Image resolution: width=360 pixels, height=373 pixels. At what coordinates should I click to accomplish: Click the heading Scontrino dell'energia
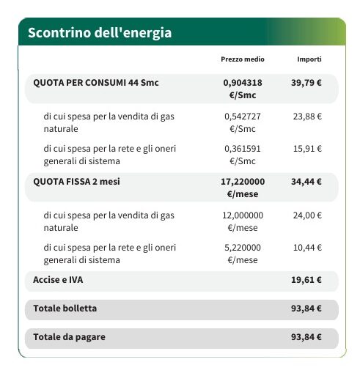(x=100, y=33)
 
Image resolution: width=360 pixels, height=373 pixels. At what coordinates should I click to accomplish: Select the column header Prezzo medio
(x=243, y=59)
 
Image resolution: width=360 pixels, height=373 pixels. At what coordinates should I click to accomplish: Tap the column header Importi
(x=309, y=59)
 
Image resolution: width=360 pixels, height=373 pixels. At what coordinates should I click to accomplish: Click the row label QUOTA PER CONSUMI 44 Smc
(x=96, y=83)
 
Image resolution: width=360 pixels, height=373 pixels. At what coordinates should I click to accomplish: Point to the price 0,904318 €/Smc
(x=243, y=89)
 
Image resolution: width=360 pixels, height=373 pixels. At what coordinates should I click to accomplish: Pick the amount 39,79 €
(x=306, y=83)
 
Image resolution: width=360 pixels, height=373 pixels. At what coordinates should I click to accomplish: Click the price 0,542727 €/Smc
(x=243, y=122)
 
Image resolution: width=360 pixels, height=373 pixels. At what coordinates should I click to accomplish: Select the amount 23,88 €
(x=307, y=116)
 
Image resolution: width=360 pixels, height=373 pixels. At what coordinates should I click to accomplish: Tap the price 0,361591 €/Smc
(x=243, y=155)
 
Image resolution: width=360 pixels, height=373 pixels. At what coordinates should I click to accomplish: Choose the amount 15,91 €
(x=307, y=149)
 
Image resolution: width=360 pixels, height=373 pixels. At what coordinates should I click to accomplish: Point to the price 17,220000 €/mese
(x=243, y=188)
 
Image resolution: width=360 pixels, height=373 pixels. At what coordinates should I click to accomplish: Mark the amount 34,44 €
(x=306, y=182)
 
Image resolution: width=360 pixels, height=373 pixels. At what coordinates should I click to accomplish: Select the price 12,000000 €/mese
(x=243, y=221)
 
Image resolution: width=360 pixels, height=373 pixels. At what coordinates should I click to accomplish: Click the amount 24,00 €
(x=307, y=215)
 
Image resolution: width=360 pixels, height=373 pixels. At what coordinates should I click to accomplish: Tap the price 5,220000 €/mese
(x=243, y=254)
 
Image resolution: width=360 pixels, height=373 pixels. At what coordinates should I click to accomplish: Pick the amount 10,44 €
(x=307, y=248)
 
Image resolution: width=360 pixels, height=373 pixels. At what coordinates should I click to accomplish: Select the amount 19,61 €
(x=306, y=280)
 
